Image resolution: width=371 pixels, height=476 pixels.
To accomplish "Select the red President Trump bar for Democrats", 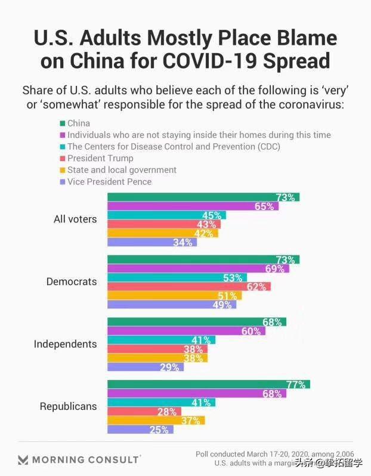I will click(188, 286).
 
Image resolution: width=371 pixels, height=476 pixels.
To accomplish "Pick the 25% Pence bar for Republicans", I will click(140, 429).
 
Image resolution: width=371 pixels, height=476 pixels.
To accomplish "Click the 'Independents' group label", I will click(65, 344).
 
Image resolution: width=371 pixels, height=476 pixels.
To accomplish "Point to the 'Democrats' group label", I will click(72, 282).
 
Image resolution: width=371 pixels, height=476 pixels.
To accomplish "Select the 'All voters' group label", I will click(75, 219).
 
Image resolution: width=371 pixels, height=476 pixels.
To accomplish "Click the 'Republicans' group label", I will click(68, 406).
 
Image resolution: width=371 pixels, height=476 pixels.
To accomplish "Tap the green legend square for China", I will click(61, 123).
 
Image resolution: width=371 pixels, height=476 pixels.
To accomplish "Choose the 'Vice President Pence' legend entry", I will click(109, 181).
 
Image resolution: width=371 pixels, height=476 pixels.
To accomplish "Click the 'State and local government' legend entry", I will click(122, 170).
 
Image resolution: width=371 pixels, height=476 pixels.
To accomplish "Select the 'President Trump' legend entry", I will click(100, 158).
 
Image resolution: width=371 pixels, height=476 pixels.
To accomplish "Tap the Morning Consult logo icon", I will click(23, 459).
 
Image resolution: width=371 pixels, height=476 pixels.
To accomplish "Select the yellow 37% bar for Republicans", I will click(156, 421).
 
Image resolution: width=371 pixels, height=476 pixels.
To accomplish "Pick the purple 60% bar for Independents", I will click(186, 331).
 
